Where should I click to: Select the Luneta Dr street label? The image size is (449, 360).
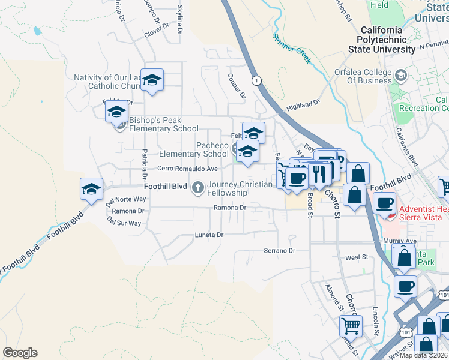(209, 235)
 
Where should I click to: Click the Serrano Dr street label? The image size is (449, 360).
(280, 250)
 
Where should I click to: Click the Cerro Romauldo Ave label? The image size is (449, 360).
(187, 169)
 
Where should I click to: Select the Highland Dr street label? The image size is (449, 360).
(304, 106)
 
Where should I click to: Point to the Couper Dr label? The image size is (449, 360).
(237, 85)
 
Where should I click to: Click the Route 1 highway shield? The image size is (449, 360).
(257, 80)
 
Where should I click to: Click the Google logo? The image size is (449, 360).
(20, 353)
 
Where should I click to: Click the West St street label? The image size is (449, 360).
(357, 257)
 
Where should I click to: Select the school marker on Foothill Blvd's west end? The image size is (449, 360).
(91, 190)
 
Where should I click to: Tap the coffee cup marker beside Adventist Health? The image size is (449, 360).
(385, 203)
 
